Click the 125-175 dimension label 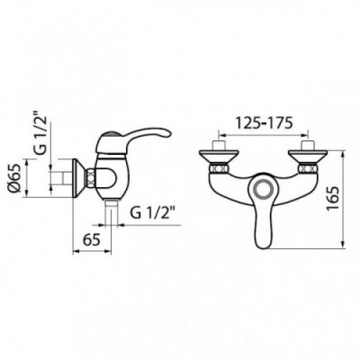[264, 123]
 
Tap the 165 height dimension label [333, 199]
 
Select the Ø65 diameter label [15, 178]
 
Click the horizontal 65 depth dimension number [91, 240]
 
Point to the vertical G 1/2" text [40, 132]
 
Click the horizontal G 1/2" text [153, 213]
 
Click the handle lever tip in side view [167, 134]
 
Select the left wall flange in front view [219, 157]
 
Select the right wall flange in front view [308, 157]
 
